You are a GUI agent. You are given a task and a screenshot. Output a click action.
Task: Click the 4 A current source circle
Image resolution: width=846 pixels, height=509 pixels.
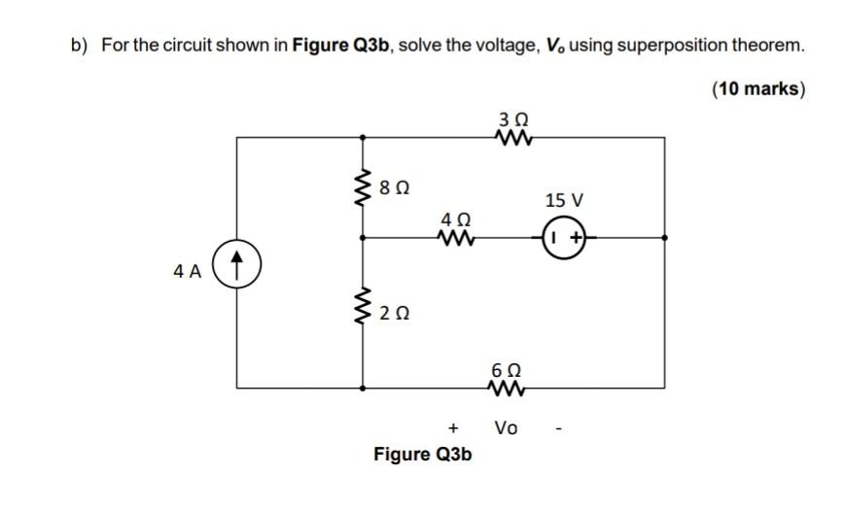tap(239, 263)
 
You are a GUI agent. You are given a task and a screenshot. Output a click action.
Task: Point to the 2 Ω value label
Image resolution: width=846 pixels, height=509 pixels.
tap(394, 313)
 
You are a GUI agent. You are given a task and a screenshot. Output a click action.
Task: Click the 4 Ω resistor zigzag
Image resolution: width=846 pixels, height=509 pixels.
tap(455, 237)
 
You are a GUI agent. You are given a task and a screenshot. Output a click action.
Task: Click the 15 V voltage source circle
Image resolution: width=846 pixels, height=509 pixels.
tap(563, 237)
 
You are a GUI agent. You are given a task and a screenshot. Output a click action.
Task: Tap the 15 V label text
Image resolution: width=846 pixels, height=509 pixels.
tap(564, 201)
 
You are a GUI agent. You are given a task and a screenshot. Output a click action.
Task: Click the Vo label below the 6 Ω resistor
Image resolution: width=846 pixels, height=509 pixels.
tap(507, 427)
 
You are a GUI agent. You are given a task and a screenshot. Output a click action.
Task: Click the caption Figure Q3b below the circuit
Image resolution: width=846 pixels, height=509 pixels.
tap(423, 454)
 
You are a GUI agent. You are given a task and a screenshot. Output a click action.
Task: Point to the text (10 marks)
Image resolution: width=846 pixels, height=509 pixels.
tap(758, 88)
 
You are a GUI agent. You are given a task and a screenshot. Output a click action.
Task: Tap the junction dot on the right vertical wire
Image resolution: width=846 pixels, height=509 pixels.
tap(664, 237)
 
